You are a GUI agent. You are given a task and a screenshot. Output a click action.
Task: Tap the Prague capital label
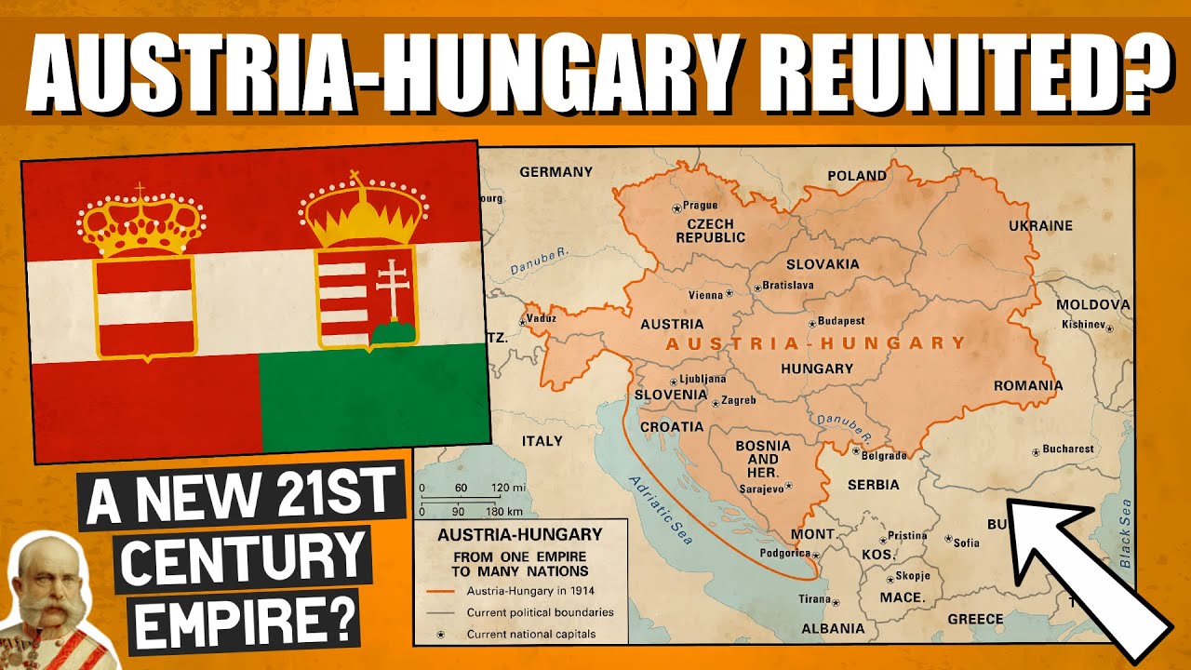(701, 206)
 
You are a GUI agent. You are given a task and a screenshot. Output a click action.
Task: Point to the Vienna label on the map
(704, 295)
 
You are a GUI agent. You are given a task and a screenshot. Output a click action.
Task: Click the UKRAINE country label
(1040, 225)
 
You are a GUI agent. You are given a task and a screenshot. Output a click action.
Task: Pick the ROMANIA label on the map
(1027, 385)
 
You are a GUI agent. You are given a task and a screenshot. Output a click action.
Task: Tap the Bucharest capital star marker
(1036, 452)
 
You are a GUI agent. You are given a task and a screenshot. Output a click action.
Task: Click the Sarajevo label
(760, 488)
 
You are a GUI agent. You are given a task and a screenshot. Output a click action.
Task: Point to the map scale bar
(471, 500)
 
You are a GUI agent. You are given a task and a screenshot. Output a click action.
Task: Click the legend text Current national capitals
(530, 635)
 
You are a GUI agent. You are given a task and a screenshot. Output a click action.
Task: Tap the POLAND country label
(857, 175)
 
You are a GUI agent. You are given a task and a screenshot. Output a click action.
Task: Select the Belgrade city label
(884, 455)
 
